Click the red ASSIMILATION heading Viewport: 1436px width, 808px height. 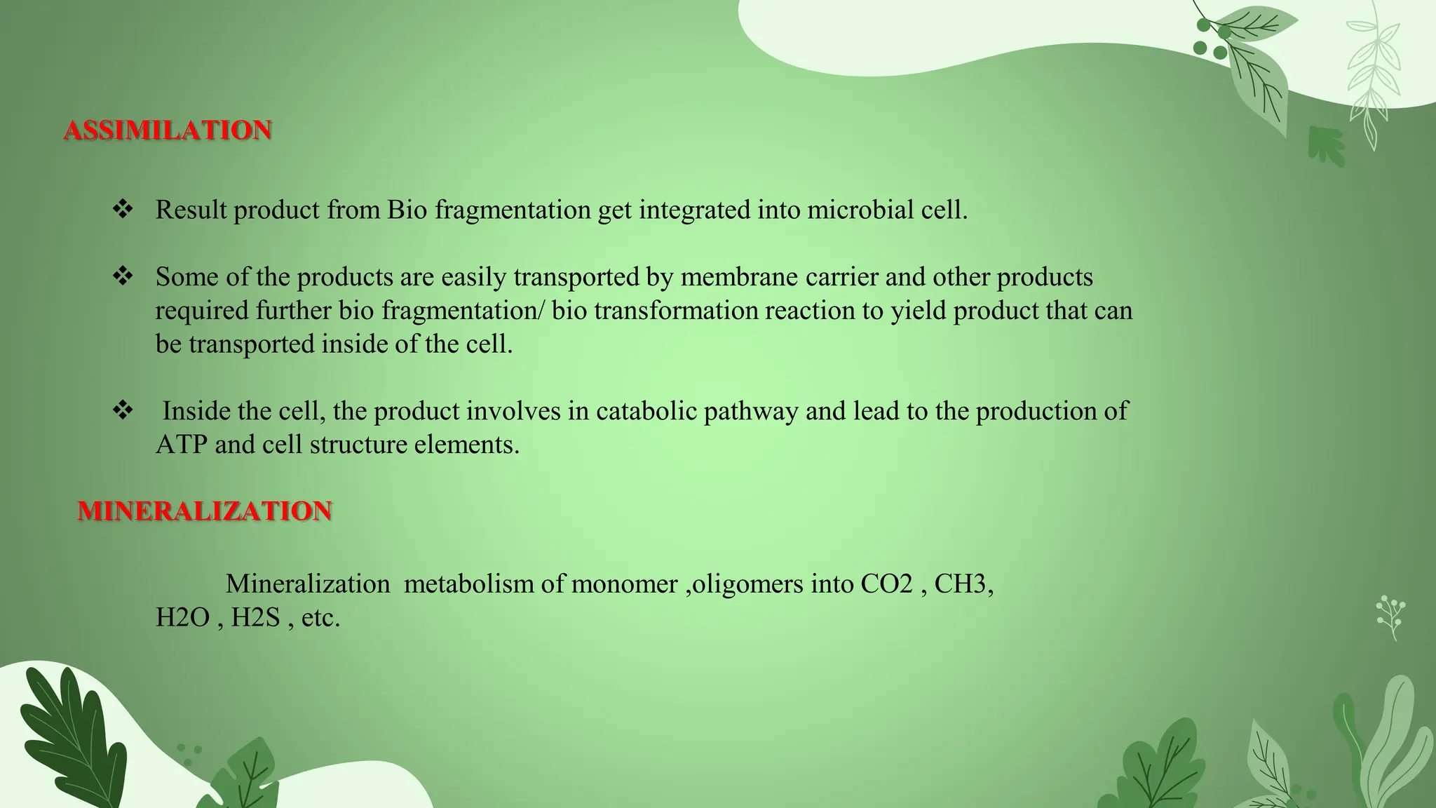coord(168,130)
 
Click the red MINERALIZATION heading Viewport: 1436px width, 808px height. coord(204,511)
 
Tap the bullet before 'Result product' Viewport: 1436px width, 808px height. coord(123,209)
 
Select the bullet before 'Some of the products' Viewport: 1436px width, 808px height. coord(123,276)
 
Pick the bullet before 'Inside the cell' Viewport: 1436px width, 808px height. coord(123,410)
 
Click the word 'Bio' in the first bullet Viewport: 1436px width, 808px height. coord(407,210)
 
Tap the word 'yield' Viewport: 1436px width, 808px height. coord(919,311)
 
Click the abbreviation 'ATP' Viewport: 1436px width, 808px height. coord(182,445)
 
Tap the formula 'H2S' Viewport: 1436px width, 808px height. coord(256,618)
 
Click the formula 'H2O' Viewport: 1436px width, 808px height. coord(182,618)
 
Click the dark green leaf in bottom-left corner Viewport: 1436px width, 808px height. coord(70,736)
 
